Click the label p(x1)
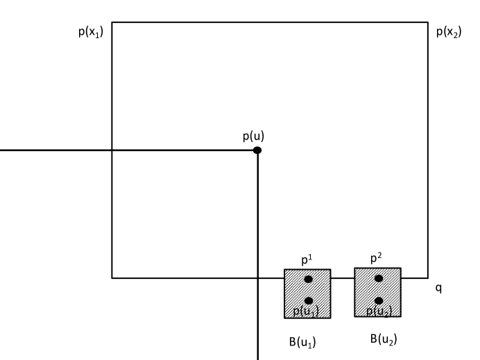coord(90,33)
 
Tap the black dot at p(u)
coord(257,150)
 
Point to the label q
coord(438,286)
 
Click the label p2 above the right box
coord(376,259)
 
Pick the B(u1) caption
coord(303,341)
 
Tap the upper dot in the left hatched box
coord(309,279)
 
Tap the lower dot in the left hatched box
coord(309,300)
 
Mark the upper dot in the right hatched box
coord(379,278)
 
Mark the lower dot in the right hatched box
coord(379,300)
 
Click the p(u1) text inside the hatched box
coord(306,311)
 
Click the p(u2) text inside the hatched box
coord(379,311)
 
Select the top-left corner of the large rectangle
coord(112,22)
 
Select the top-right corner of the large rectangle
coord(428,22)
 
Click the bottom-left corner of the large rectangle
coord(112,278)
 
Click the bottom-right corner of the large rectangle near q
coord(428,278)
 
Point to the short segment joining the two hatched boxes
coord(343,278)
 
